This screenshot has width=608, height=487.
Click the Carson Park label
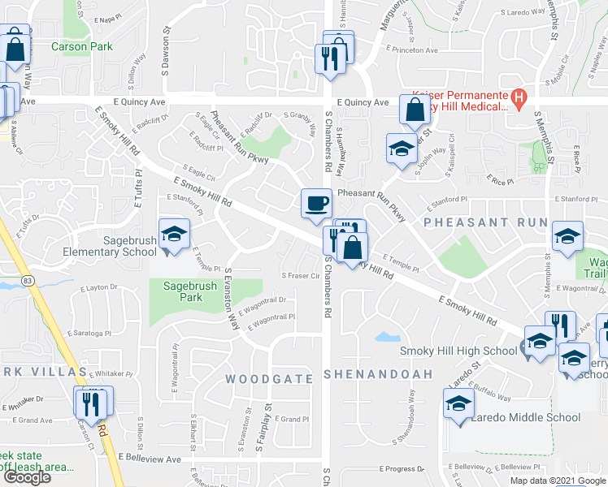pos(81,47)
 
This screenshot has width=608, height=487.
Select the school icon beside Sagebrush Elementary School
pos(174,236)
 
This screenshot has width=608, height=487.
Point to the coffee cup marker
pos(316,204)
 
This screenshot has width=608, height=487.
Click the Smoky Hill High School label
pos(457,351)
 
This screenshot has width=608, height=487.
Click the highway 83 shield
pos(28,280)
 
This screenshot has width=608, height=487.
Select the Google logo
pos(26,477)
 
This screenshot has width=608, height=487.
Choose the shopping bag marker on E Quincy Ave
pos(415,111)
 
